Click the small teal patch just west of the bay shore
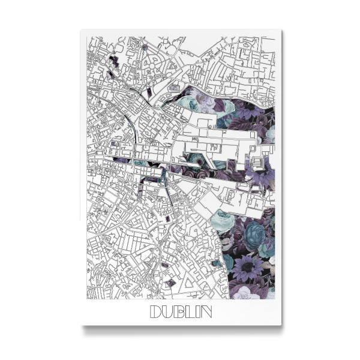click(x=215, y=262)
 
